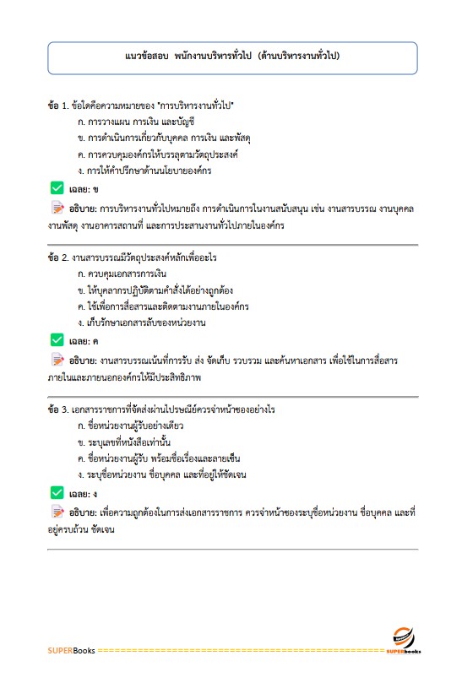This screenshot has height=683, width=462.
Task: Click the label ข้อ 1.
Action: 59,106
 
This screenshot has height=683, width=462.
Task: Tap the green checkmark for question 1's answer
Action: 57,188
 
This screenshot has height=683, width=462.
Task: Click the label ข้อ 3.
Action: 59,409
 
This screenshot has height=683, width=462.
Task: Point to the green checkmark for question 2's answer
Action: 57,340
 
